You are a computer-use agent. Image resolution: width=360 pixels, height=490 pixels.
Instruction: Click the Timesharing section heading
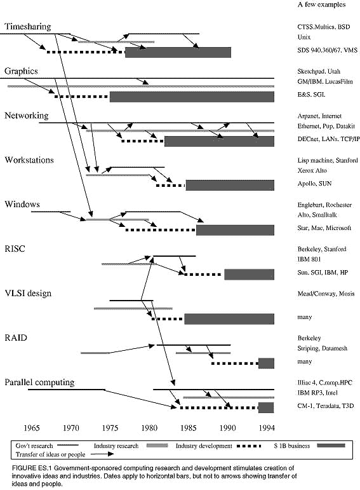pos(28,27)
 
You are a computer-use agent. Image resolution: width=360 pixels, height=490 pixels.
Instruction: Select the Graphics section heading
pos(21,71)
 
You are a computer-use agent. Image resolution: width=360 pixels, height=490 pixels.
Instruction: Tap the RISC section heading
pos(15,248)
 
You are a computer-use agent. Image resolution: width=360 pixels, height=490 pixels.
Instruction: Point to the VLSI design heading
pos(28,294)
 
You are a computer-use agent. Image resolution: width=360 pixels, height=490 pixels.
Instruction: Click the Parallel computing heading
pos(39,383)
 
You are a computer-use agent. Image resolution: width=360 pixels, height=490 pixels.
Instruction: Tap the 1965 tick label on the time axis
pos(32,428)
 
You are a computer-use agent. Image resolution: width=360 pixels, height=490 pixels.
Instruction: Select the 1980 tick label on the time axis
pos(149,428)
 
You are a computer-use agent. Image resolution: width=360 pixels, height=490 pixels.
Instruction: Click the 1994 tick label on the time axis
pos(267,428)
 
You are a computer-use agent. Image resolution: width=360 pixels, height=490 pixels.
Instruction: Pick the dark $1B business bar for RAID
pos(266,363)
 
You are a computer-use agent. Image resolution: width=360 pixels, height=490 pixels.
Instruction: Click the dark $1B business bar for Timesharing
pos(178,53)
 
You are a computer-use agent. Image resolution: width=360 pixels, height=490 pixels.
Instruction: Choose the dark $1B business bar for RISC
pos(249,275)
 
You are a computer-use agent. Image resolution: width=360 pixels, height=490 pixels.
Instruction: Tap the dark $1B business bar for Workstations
pos(230,185)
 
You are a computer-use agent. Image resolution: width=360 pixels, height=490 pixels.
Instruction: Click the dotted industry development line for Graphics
pos(82,97)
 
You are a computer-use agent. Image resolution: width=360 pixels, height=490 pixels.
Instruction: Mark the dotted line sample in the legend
pos(249,446)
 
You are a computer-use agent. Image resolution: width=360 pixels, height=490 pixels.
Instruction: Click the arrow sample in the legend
pos(102,454)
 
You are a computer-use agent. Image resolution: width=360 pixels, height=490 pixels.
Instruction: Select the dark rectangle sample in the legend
pos(331,446)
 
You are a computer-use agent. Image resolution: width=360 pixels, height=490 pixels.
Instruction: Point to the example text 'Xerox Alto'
pos(312,170)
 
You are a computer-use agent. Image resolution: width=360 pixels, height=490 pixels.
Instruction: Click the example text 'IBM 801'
pos(309,259)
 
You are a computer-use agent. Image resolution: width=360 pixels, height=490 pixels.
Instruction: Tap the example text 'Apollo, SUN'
pos(314,184)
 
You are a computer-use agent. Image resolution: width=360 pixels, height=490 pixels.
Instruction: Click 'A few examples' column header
pos(322,4)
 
